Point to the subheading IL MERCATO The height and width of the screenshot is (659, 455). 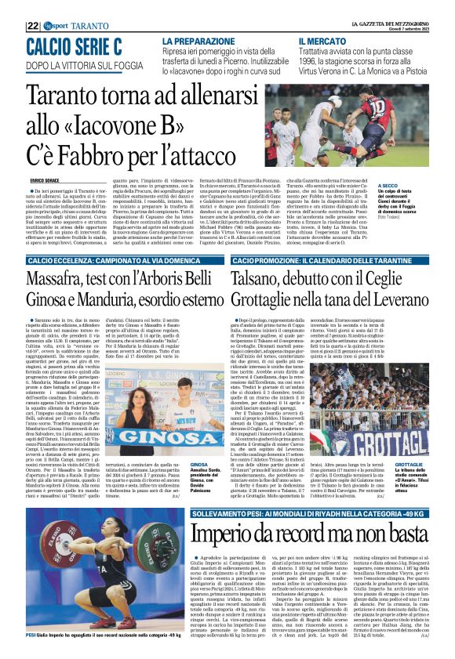click(x=325, y=40)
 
